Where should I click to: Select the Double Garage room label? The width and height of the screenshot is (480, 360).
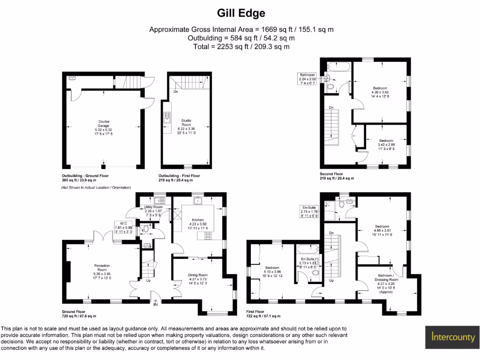click(104, 127)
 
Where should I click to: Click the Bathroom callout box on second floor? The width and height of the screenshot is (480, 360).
click(308, 79)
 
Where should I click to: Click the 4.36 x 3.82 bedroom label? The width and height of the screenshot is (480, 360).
click(380, 92)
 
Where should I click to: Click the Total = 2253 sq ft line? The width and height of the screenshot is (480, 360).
click(241, 47)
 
